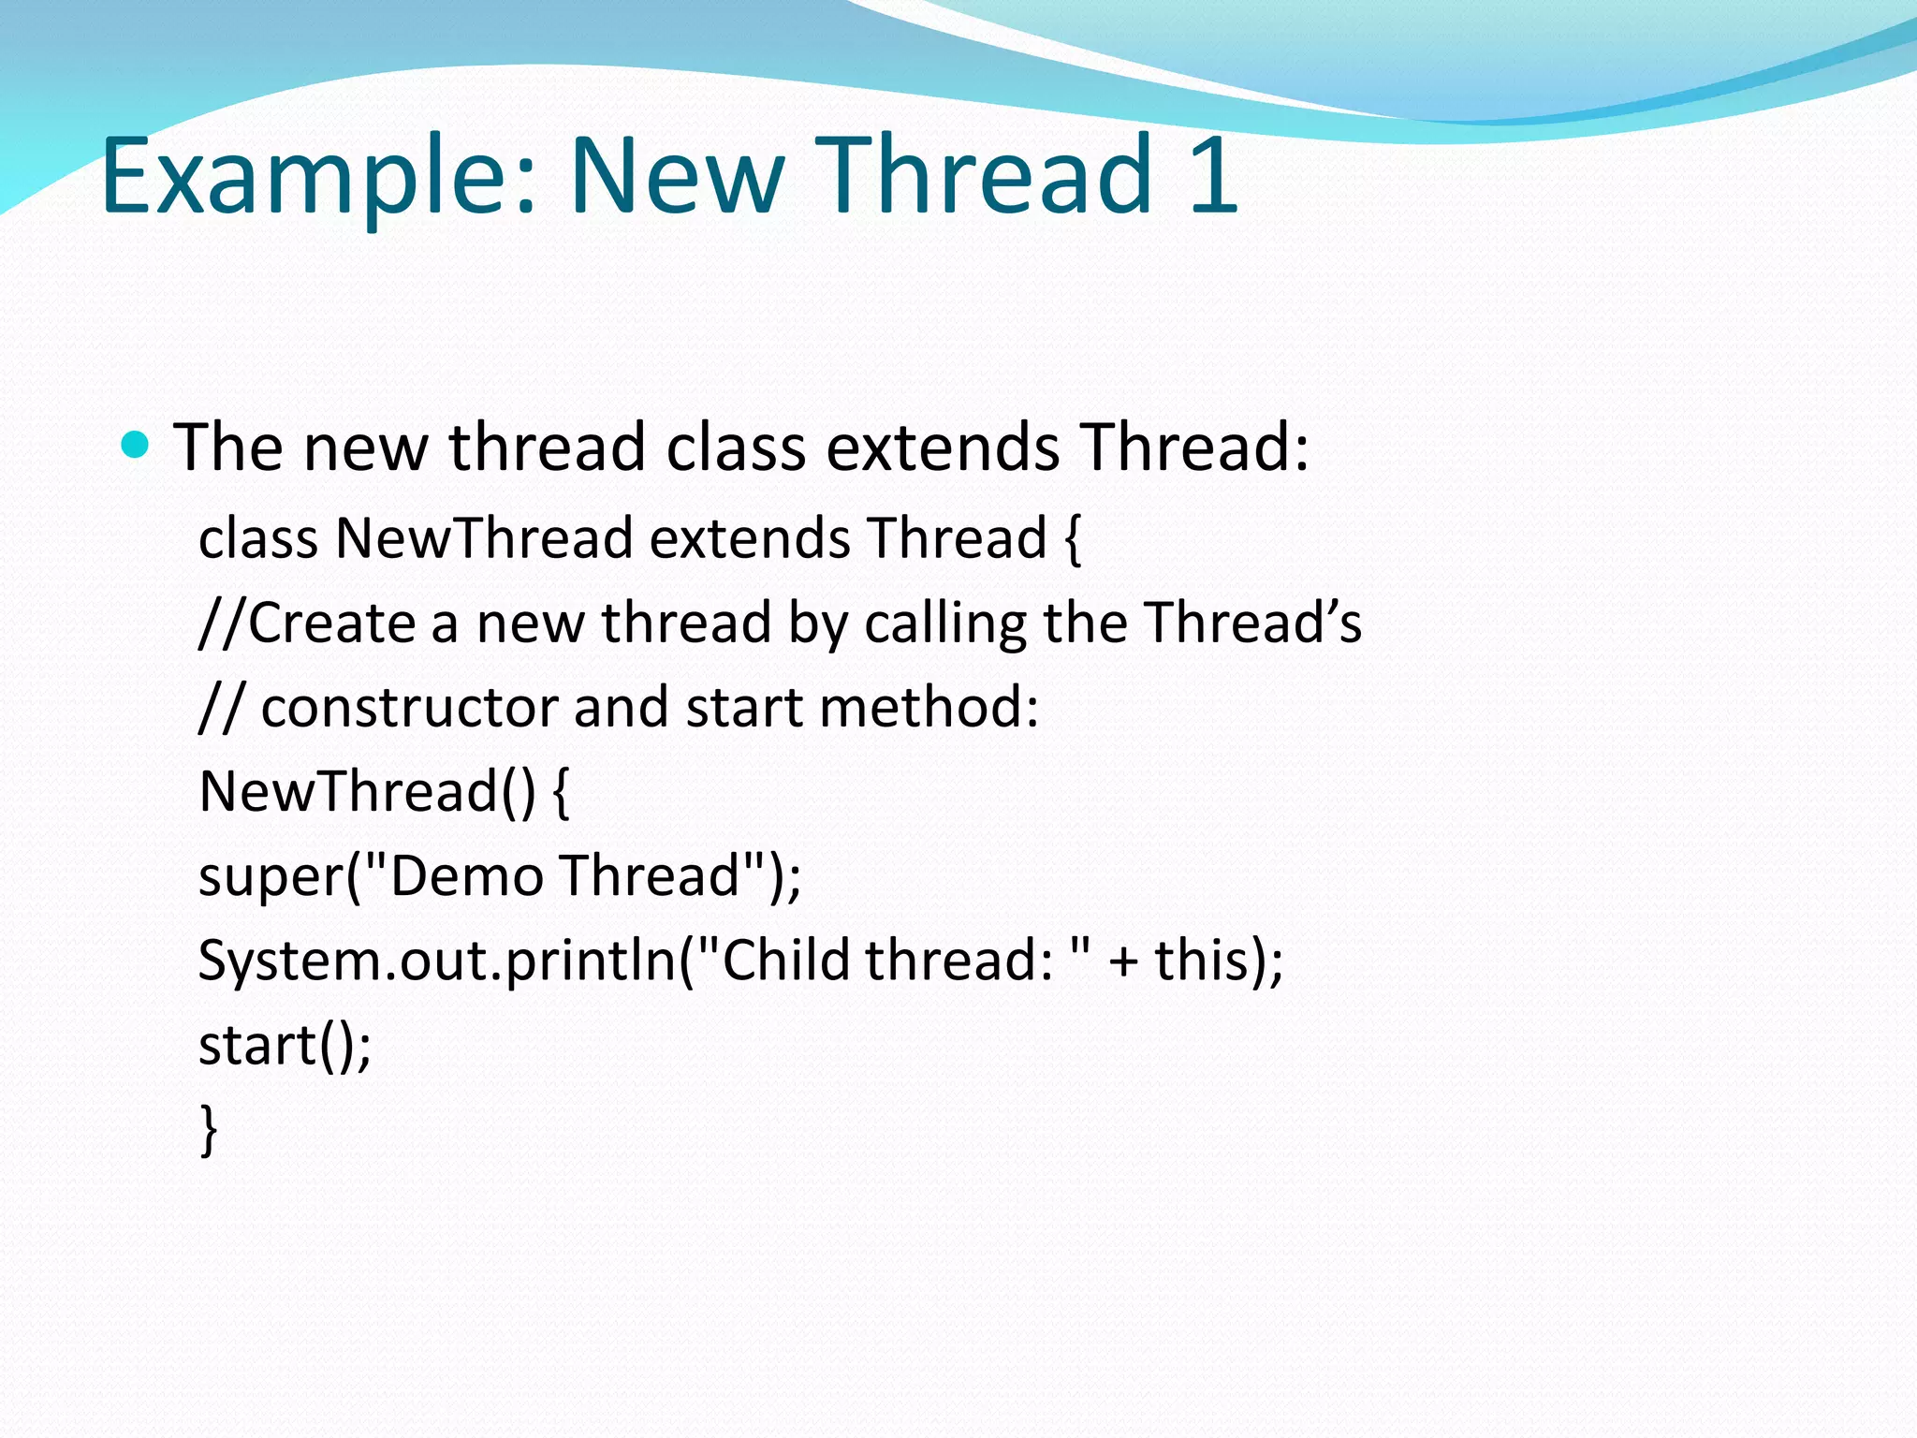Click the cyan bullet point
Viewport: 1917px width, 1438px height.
[136, 445]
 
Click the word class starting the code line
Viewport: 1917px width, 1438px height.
[258, 538]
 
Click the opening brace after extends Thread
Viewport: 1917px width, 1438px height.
[1073, 540]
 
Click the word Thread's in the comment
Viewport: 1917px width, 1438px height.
[1253, 623]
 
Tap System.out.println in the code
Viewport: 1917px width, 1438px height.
[436, 961]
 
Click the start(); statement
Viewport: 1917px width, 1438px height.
[285, 1045]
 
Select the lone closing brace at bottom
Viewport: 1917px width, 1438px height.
[209, 1130]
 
